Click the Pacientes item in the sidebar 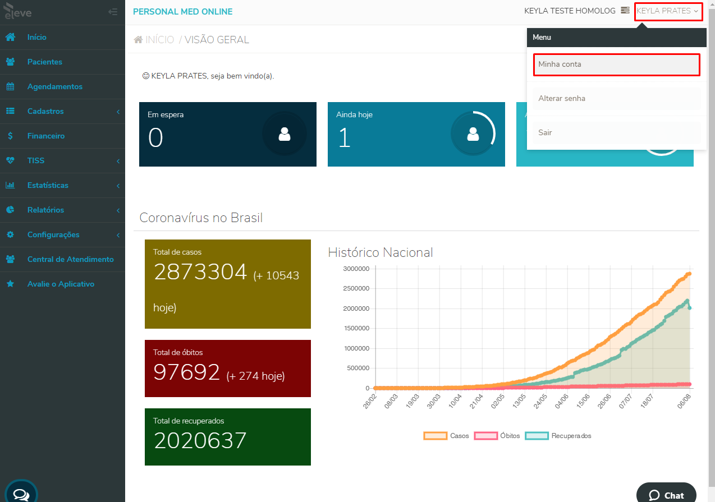pos(45,62)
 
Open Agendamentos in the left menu pos(54,86)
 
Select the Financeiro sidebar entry pos(45,136)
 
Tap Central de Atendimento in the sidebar pos(70,259)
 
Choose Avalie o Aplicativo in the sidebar pos(61,284)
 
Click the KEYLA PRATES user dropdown pos(667,11)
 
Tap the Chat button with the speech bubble pos(666,494)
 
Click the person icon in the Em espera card pos(285,134)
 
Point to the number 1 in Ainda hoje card pos(345,137)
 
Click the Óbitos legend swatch pos(486,436)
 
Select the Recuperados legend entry pos(558,436)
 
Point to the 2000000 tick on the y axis pos(356,308)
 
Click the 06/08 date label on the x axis pos(684,401)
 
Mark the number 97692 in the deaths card pos(186,372)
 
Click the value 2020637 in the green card pos(200,440)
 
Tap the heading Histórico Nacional pos(380,252)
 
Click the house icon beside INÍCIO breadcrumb pos(138,40)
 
